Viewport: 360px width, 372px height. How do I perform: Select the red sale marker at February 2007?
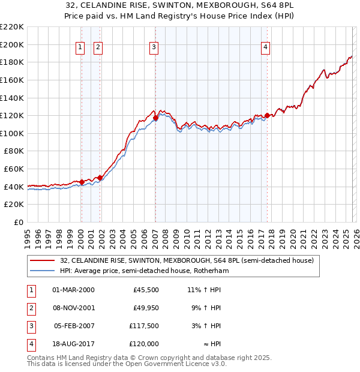click(x=155, y=118)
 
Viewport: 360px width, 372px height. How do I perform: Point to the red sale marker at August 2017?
click(x=267, y=116)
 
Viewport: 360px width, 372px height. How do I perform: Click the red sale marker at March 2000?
click(x=82, y=182)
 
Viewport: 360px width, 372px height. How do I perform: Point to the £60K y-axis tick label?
click(x=14, y=169)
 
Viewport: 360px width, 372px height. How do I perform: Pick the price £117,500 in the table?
click(x=144, y=327)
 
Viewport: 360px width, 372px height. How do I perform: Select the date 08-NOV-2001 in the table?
click(x=74, y=308)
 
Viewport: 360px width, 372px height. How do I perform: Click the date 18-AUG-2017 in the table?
click(x=74, y=344)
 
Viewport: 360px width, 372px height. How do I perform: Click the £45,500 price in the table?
click(x=146, y=290)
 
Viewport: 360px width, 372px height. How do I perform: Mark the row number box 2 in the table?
click(x=29, y=308)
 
